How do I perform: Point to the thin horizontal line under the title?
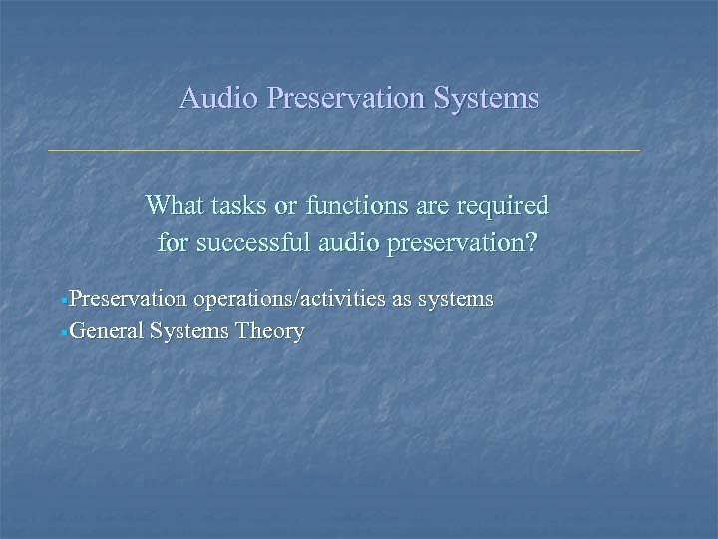(x=344, y=150)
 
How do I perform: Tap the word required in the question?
(x=508, y=207)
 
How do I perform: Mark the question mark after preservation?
(x=530, y=242)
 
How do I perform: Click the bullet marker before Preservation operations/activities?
(x=64, y=300)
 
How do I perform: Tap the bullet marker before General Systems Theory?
(x=64, y=332)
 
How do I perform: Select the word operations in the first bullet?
(x=238, y=299)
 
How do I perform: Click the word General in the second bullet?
(x=106, y=331)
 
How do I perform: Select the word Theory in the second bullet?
(x=270, y=332)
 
